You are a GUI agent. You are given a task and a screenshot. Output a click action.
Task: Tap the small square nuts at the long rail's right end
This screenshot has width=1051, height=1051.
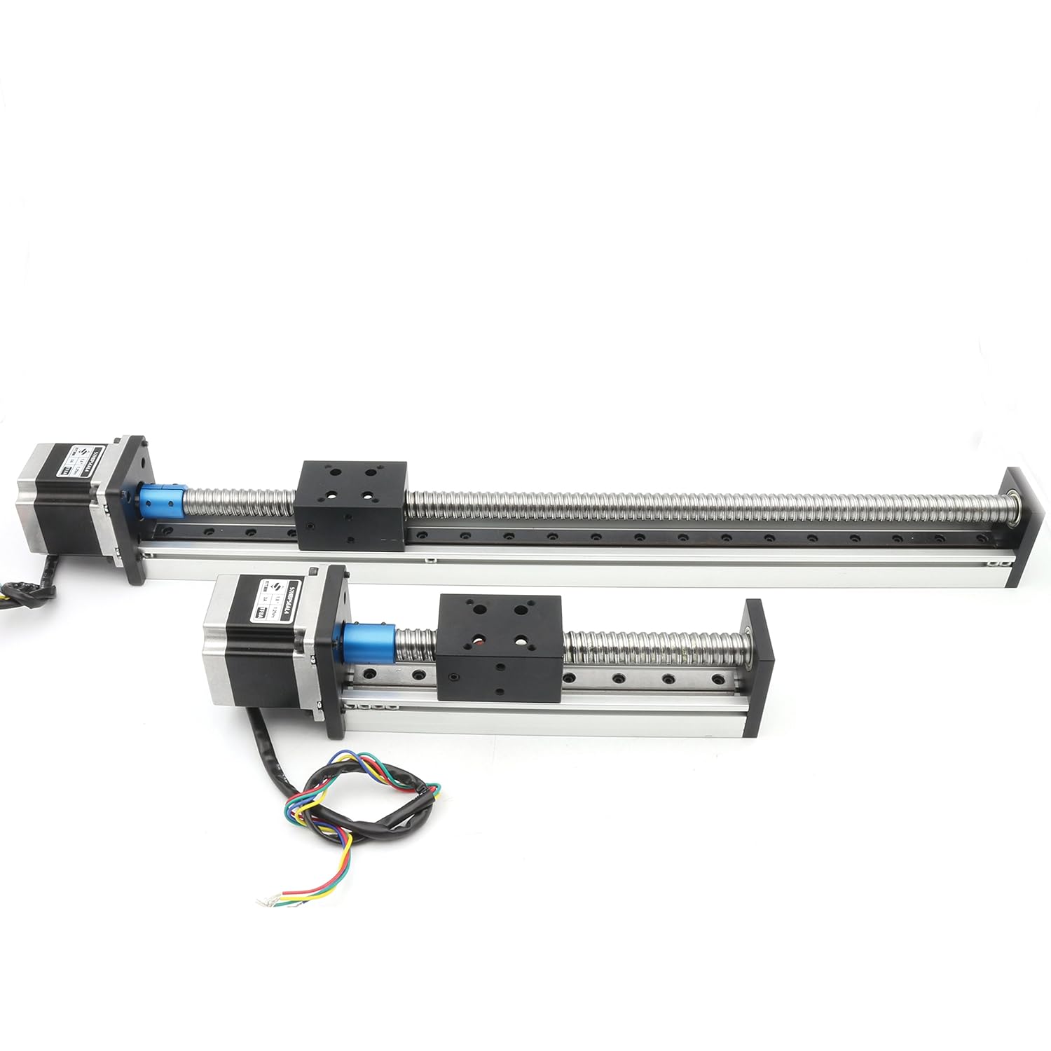pyautogui.click(x=999, y=562)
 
